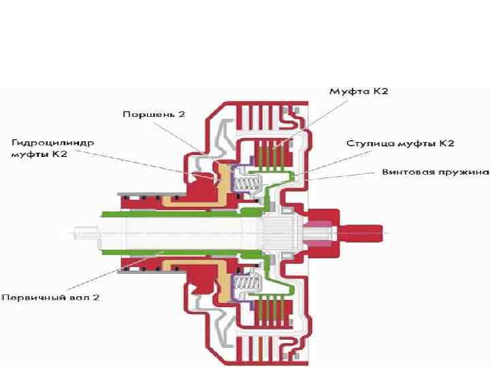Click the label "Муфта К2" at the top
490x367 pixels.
coord(359,91)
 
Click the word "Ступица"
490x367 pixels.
coord(367,143)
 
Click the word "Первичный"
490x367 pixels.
coord(31,298)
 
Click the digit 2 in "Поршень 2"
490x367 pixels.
coord(182,113)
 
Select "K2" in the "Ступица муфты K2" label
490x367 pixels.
coord(446,143)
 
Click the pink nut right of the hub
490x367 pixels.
coord(320,232)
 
